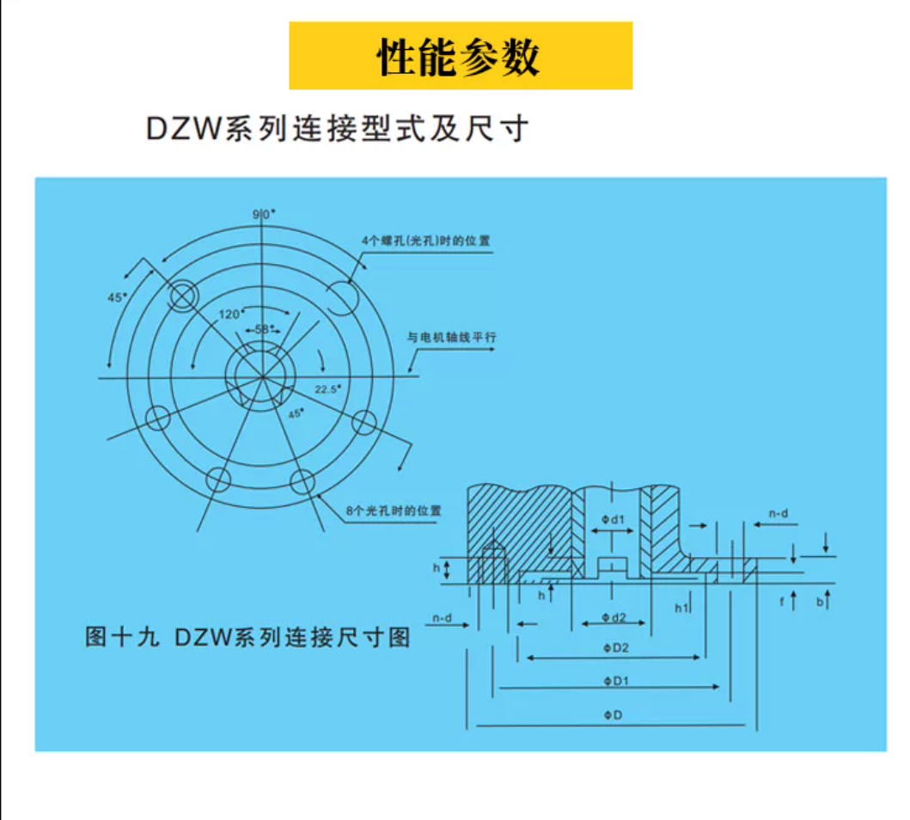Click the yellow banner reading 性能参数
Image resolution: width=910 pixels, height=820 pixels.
(461, 56)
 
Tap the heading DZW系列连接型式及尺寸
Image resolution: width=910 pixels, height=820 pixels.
(336, 129)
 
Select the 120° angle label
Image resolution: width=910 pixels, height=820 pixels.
(229, 314)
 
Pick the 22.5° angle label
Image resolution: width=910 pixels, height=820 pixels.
(327, 389)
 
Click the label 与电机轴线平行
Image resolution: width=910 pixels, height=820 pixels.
(452, 338)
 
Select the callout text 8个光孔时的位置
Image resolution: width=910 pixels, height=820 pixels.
(394, 511)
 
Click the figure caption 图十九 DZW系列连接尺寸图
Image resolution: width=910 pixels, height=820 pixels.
(247, 638)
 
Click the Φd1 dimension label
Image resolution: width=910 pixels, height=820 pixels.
(612, 519)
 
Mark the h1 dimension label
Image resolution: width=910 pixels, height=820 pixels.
(681, 608)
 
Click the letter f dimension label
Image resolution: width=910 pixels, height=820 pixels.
(782, 602)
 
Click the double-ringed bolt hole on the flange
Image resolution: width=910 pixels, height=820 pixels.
(183, 297)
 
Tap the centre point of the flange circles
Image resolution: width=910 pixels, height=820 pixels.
(263, 376)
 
